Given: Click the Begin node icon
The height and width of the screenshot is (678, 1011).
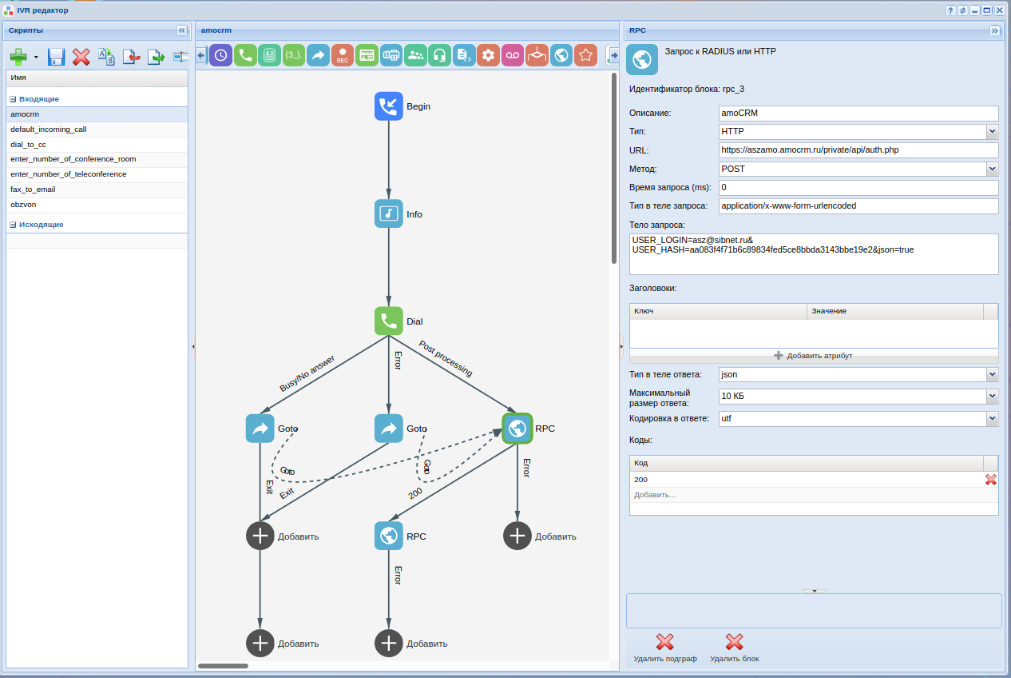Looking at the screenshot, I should (x=388, y=106).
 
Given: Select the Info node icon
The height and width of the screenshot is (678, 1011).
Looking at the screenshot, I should (x=388, y=213).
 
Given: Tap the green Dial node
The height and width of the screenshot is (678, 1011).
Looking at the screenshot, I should (x=388, y=321).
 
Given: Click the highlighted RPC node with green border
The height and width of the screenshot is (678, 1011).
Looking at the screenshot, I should (x=517, y=429).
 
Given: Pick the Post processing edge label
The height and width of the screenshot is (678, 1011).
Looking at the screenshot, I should (x=446, y=359).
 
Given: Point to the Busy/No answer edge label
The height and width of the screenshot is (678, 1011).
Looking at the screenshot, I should (x=307, y=373).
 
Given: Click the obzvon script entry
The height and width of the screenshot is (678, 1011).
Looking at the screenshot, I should (x=23, y=205).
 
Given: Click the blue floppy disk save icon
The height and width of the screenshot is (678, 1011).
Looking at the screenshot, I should (x=56, y=57).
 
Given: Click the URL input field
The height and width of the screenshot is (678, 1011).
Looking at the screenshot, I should (x=858, y=150).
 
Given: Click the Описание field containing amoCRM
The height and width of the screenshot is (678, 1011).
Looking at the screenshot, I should (x=858, y=113).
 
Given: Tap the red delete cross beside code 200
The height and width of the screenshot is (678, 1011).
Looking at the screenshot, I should (x=990, y=480).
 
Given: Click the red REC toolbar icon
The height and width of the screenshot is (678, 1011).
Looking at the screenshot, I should (x=343, y=55).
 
